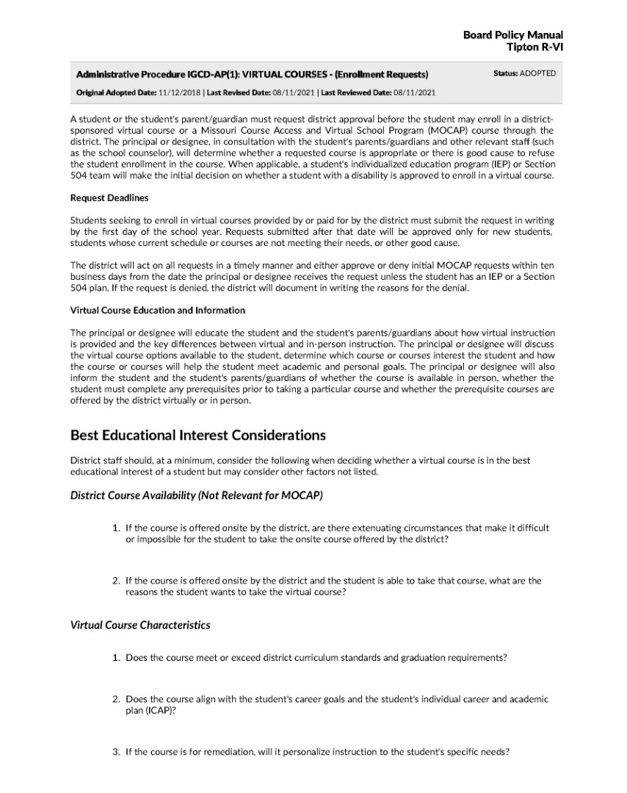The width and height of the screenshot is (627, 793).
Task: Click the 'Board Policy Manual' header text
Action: coord(513,35)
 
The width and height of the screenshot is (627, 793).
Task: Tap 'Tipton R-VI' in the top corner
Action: coord(535,47)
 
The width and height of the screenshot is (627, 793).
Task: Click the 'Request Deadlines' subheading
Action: coord(109,198)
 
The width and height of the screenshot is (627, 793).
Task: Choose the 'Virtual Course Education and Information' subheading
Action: coord(158,311)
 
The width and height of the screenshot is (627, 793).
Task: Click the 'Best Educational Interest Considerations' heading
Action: coord(197,435)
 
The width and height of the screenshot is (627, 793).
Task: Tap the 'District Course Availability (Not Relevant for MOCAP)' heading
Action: coord(196,496)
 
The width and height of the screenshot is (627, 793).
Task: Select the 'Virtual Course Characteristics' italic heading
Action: coord(140,626)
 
